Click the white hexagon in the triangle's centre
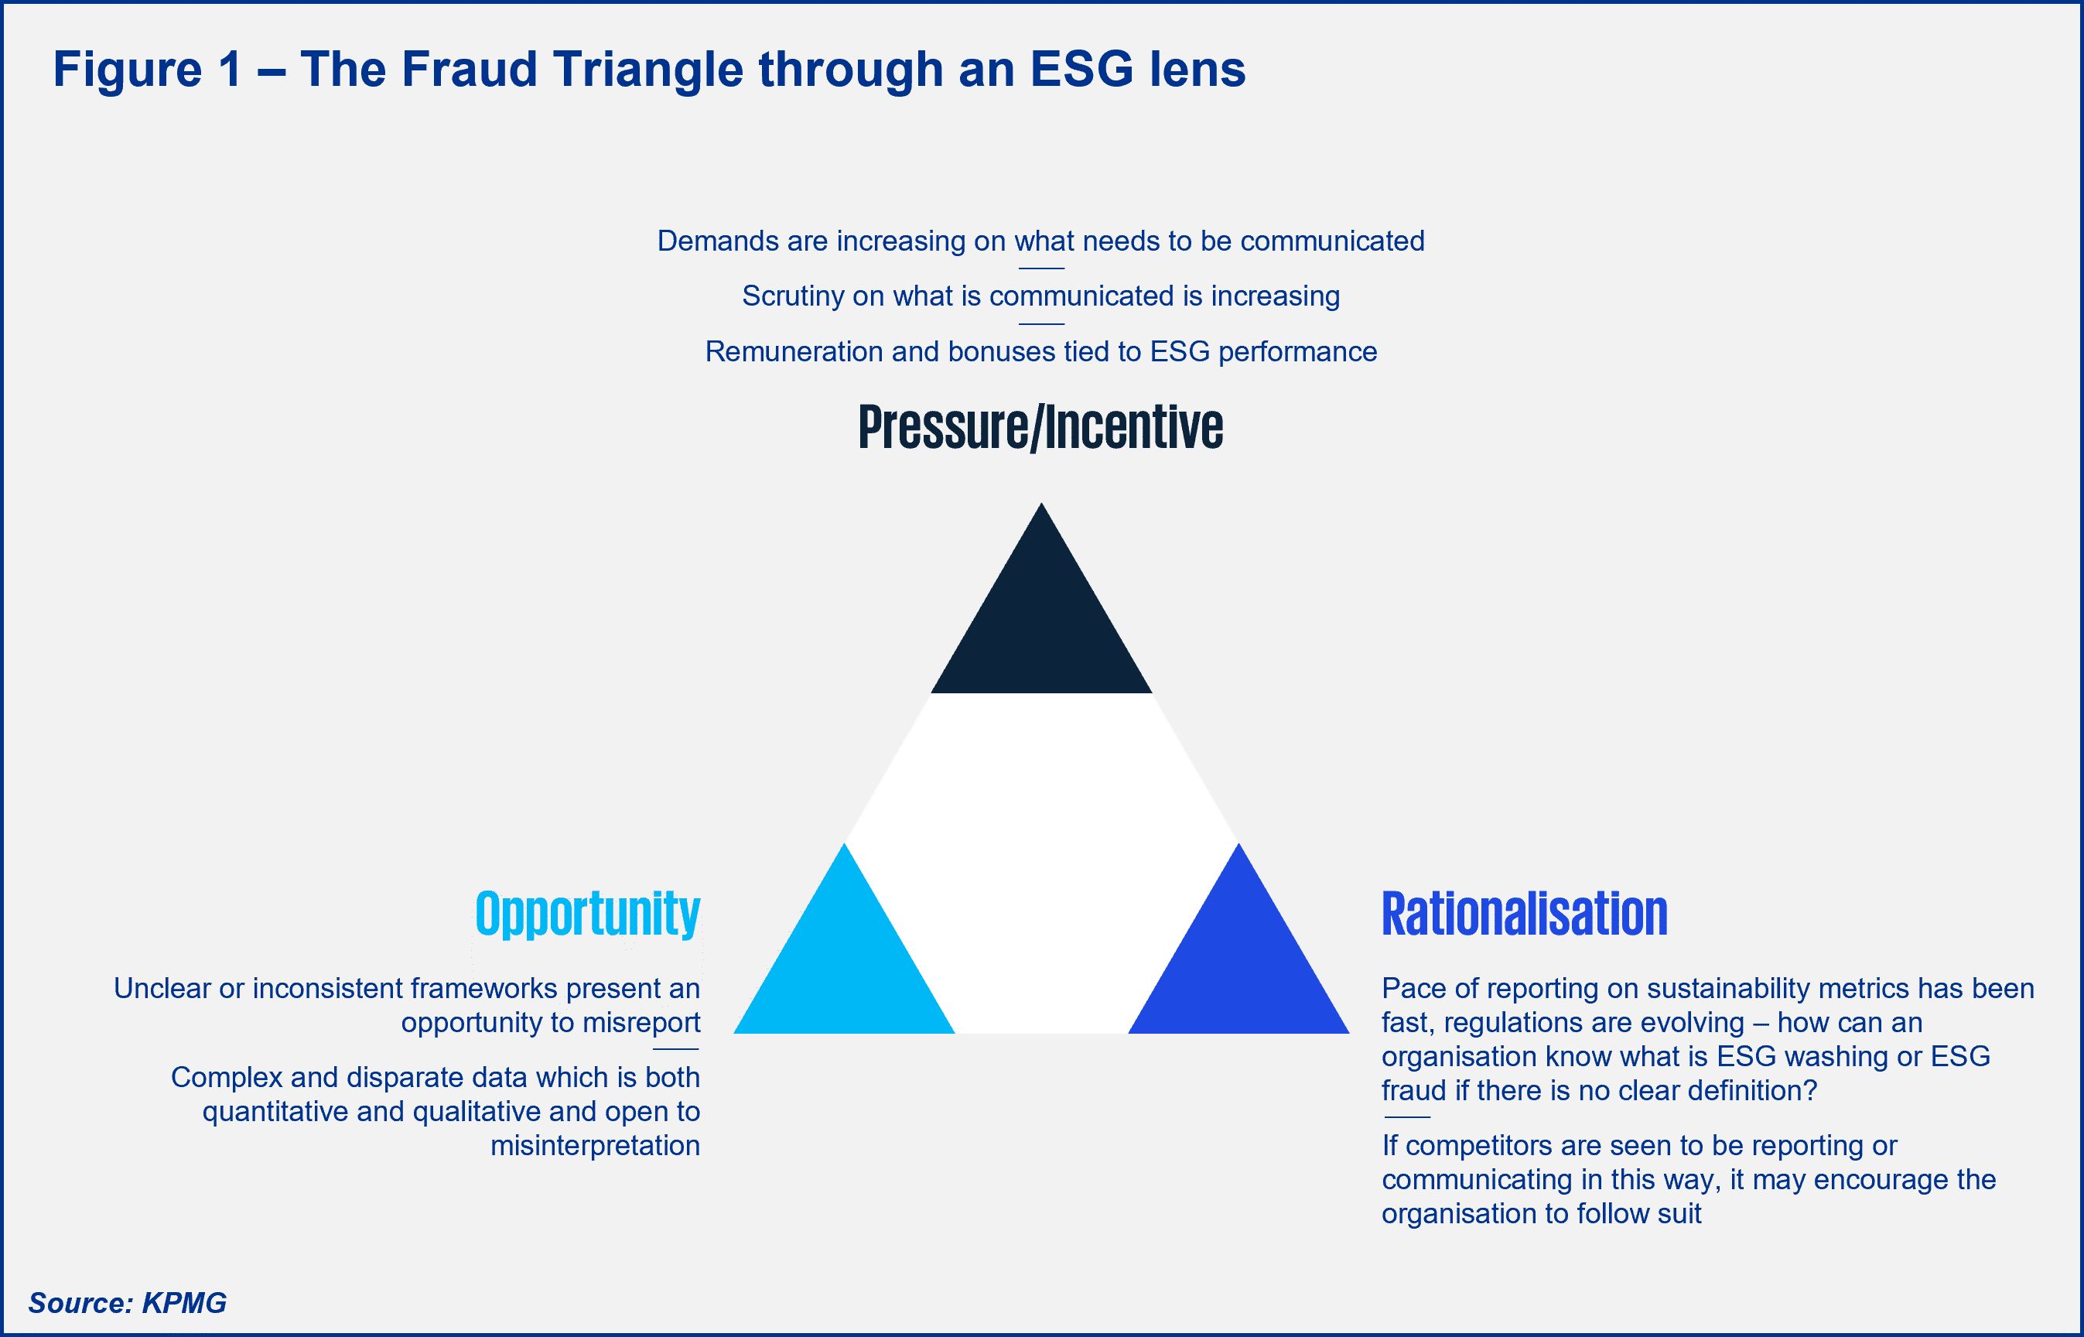1041,863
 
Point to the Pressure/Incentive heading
1040,427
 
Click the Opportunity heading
588,915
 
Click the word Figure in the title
128,70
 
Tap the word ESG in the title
1081,69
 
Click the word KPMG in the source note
184,1302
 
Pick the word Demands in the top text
719,241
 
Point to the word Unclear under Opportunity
162,988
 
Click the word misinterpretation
596,1146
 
